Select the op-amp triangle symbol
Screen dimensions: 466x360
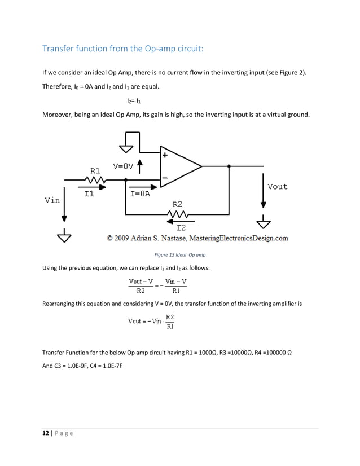[x=179, y=166]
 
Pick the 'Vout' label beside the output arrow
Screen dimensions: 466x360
[x=277, y=187]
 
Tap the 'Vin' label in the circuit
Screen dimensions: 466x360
[x=52, y=200]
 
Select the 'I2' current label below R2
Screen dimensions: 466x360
[x=181, y=227]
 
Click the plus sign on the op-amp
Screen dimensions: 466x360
[x=165, y=154]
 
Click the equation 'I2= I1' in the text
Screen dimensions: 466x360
[x=134, y=100]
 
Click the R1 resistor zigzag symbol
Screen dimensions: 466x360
[x=95, y=180]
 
